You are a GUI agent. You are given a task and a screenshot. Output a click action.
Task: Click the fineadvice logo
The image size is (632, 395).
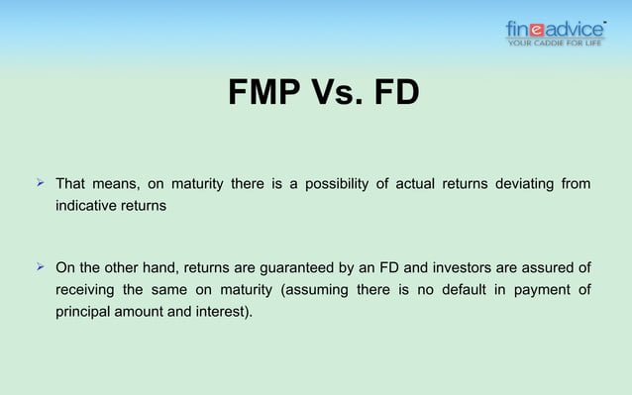(555, 31)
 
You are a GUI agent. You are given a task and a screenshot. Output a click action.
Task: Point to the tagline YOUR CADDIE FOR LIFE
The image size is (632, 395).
(555, 43)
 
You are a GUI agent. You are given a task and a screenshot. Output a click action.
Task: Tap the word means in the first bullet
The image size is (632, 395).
(116, 184)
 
